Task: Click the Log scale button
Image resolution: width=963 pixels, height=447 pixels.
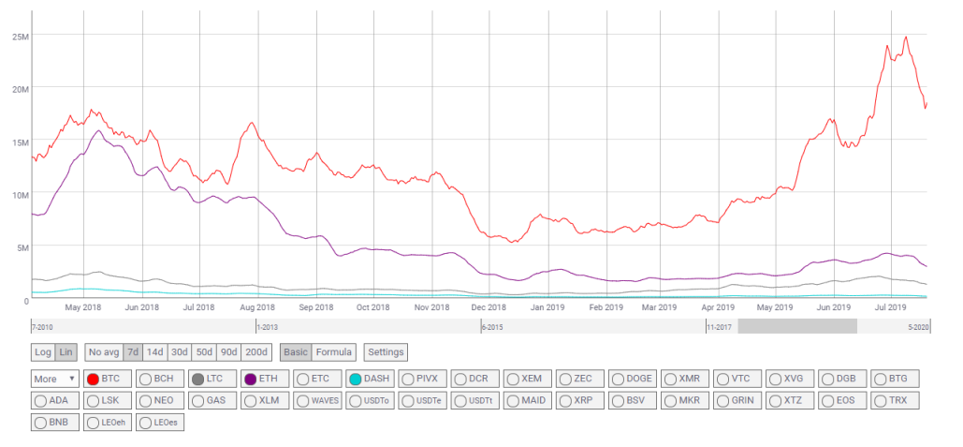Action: pyautogui.click(x=43, y=352)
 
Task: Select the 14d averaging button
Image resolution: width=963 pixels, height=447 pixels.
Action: pyautogui.click(x=154, y=352)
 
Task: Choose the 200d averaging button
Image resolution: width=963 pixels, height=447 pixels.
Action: pyautogui.click(x=256, y=352)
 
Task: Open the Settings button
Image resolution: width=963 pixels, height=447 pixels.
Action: pyautogui.click(x=386, y=352)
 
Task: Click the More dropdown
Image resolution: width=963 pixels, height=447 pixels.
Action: pyautogui.click(x=55, y=379)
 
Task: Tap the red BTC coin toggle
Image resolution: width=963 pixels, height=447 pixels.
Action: pyautogui.click(x=104, y=379)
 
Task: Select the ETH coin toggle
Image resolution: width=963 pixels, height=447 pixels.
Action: pyautogui.click(x=261, y=379)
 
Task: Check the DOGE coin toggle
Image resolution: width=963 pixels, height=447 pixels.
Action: pyautogui.click(x=633, y=379)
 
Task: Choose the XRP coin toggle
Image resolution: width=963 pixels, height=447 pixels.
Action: pyautogui.click(x=580, y=401)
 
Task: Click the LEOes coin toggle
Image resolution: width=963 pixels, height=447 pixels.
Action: pyautogui.click(x=160, y=423)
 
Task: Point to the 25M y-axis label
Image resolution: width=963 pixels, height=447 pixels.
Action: pyautogui.click(x=21, y=37)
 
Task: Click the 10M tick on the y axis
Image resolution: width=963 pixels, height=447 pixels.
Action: pyautogui.click(x=21, y=195)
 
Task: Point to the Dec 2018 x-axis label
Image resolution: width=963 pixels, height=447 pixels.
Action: pyautogui.click(x=489, y=306)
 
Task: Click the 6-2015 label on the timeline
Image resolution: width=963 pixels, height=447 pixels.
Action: pyautogui.click(x=492, y=328)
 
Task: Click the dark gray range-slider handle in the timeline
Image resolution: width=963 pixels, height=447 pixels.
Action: pyautogui.click(x=797, y=326)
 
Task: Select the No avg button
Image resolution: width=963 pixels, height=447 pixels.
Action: pyautogui.click(x=103, y=352)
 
